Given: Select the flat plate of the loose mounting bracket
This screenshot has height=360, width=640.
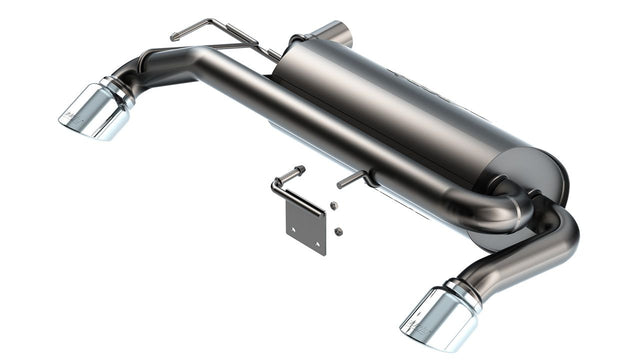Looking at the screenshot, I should point(304,225).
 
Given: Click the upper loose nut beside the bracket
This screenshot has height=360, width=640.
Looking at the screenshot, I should point(335,205).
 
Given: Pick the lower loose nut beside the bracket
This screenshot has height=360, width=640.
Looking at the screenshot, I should point(339,231).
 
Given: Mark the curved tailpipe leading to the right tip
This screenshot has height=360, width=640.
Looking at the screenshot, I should point(530,255).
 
